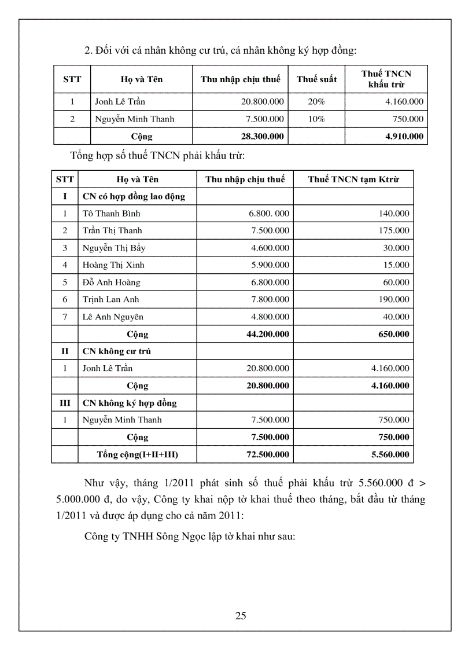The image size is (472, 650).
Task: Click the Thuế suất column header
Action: pyautogui.click(x=316, y=79)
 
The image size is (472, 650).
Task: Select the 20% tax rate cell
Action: pyautogui.click(x=316, y=102)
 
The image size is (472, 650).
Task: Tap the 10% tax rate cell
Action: pyautogui.click(x=316, y=119)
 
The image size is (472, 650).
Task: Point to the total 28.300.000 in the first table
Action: pyautogui.click(x=263, y=137)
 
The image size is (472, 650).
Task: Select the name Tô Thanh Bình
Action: pyautogui.click(x=111, y=214)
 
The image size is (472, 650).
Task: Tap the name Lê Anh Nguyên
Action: pyautogui.click(x=113, y=317)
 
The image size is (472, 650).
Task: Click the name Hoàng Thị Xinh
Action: pyautogui.click(x=113, y=265)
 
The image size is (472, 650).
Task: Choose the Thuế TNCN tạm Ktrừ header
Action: pyautogui.click(x=353, y=179)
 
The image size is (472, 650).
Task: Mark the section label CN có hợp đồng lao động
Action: pyautogui.click(x=134, y=197)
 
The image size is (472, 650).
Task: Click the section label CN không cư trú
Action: pyautogui.click(x=117, y=351)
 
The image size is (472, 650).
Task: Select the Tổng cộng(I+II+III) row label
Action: pyautogui.click(x=137, y=454)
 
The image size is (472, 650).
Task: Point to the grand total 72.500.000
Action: pyautogui.click(x=268, y=454)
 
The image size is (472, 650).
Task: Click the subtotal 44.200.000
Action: pyautogui.click(x=268, y=334)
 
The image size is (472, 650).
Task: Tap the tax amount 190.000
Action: pyautogui.click(x=394, y=300)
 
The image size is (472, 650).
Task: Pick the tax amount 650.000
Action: pyautogui.click(x=394, y=334)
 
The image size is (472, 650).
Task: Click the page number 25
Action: pyautogui.click(x=241, y=615)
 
